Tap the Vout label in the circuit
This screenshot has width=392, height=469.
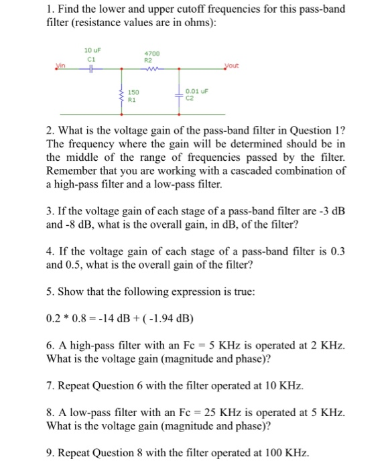pos(230,65)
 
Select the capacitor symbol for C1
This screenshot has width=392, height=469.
pos(88,68)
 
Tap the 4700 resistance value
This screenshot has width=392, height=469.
pos(150,53)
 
